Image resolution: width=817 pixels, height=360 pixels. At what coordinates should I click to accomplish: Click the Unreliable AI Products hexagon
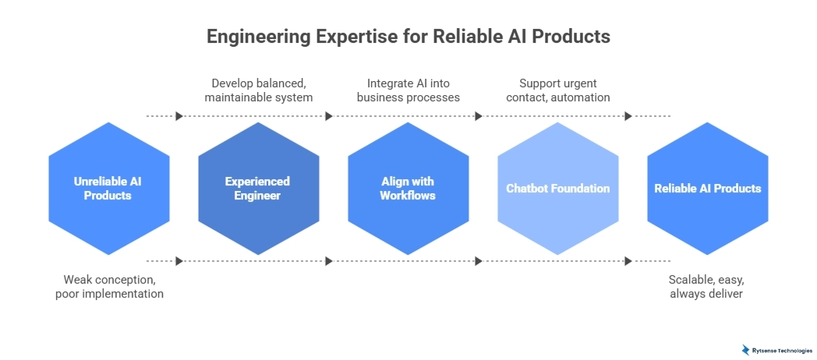pos(108,189)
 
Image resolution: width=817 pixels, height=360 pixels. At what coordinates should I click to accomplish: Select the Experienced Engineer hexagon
pos(258,189)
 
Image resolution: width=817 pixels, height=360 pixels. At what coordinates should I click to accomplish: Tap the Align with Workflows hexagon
pos(408,189)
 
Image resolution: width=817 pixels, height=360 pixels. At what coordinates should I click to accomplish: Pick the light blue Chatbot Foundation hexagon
pos(557,189)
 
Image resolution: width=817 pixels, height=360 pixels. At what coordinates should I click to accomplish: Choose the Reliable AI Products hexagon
pos(707,189)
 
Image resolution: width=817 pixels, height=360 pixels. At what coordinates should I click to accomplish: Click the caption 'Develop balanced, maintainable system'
pos(258,90)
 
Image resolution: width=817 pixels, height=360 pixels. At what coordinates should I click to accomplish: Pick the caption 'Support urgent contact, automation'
pos(557,90)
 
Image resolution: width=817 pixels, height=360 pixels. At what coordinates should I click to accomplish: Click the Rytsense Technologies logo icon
pos(745,350)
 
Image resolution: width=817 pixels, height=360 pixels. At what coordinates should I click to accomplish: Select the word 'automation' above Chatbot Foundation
pos(582,97)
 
